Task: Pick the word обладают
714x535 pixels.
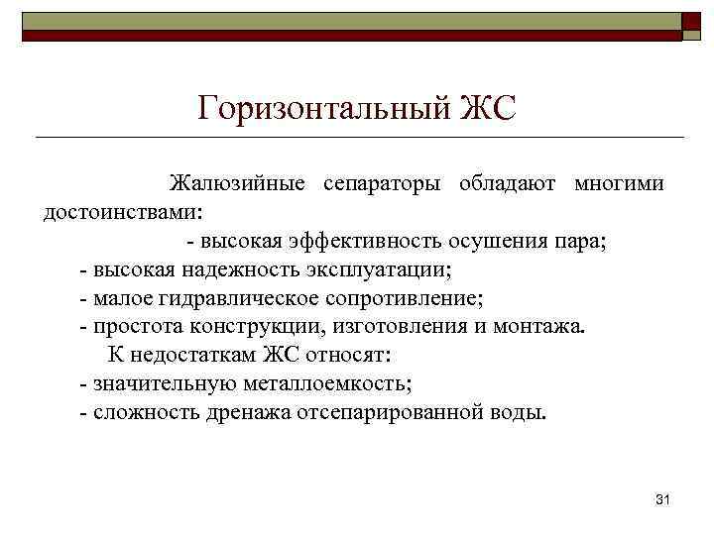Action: [x=507, y=184]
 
